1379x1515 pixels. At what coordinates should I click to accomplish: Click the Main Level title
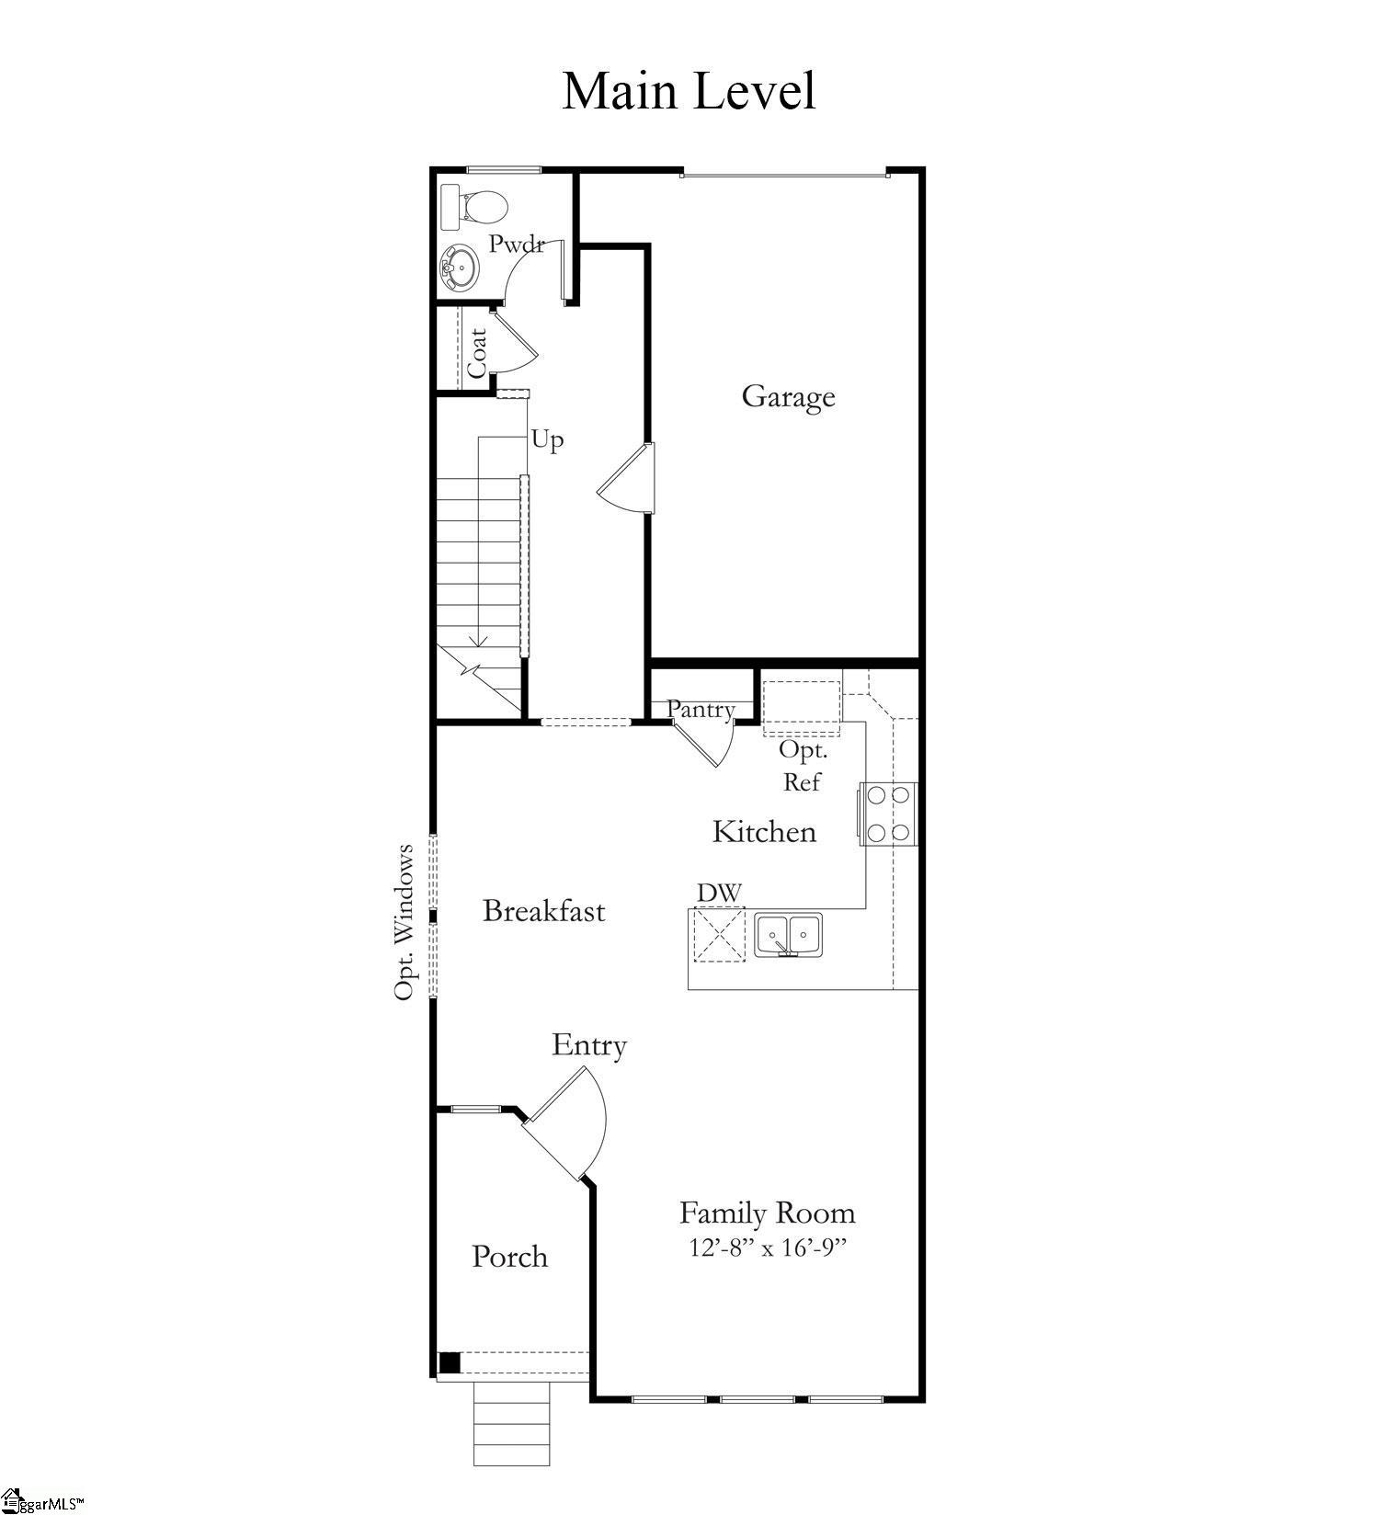[689, 91]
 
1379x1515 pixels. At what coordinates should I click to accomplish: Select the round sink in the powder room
[459, 268]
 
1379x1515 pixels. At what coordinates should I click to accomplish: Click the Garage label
[788, 396]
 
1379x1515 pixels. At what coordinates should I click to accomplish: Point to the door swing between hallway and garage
[628, 478]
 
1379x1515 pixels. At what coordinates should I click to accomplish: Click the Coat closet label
[477, 352]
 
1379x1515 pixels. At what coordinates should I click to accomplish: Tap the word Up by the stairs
[547, 440]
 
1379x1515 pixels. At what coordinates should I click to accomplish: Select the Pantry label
[701, 709]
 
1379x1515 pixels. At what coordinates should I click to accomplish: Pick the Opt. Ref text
[803, 765]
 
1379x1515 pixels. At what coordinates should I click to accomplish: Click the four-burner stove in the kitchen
[888, 813]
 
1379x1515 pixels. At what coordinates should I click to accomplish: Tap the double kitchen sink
[789, 935]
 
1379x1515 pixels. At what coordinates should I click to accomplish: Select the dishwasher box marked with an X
[718, 934]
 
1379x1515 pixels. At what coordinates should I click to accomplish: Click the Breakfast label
[543, 911]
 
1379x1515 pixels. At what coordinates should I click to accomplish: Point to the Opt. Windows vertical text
[405, 921]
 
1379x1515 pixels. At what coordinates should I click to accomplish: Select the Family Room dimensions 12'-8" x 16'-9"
[767, 1247]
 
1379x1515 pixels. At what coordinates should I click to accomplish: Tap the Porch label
[509, 1257]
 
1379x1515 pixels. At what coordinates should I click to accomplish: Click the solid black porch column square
[449, 1362]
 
